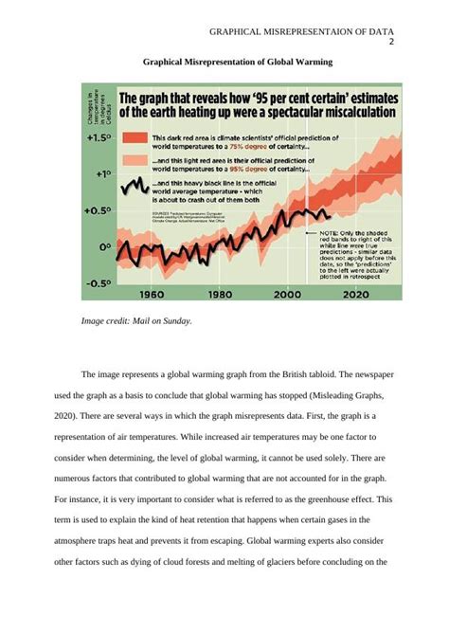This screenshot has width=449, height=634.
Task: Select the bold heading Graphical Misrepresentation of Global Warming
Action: [238, 63]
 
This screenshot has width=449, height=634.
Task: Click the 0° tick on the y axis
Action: [105, 246]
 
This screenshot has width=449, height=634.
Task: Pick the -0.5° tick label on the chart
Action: [100, 282]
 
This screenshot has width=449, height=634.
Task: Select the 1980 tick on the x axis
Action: [220, 294]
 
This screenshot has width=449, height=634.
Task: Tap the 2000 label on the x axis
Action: [288, 294]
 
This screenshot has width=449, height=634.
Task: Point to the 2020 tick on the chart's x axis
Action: [355, 294]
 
